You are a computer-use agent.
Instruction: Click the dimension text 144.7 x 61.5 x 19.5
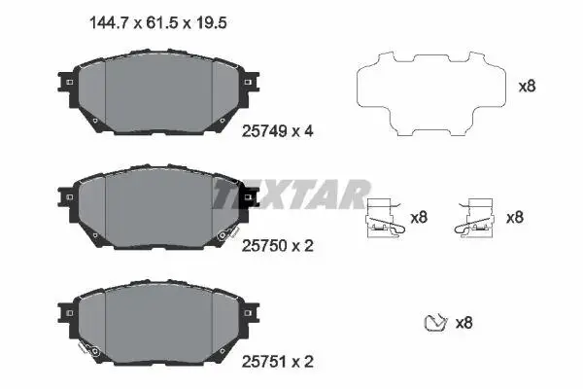[158, 23]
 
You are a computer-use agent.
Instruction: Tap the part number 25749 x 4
[277, 131]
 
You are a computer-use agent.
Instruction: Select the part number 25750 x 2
[277, 246]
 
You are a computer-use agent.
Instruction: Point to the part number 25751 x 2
[277, 362]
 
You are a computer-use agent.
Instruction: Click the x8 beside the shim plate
[528, 87]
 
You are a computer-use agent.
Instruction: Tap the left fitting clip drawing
[385, 218]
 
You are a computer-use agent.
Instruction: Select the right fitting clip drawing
[474, 218]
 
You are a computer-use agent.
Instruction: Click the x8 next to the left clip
[419, 218]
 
